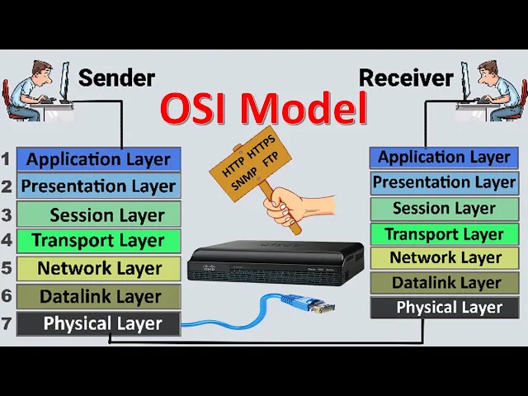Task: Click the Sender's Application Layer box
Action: coord(97,159)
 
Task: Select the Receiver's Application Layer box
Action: coord(444,158)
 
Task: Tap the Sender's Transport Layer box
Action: coord(97,241)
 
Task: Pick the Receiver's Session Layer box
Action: coord(444,209)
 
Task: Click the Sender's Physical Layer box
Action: coord(97,323)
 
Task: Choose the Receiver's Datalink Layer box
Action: coord(445,283)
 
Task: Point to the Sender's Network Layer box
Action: coord(97,268)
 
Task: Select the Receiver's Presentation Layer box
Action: coord(444,182)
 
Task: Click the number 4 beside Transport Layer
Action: coord(7,242)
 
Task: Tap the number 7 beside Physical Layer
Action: coord(7,323)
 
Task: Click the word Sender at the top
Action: coord(116,78)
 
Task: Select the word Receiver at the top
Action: coord(406,78)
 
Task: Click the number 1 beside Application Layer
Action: coord(7,159)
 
